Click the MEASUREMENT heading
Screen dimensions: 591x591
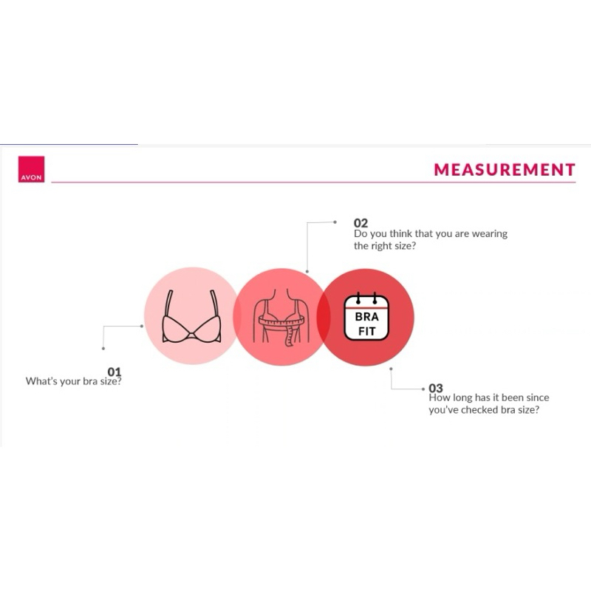pyautogui.click(x=504, y=170)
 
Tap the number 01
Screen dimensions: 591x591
pyautogui.click(x=114, y=372)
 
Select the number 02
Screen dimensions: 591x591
pyautogui.click(x=361, y=223)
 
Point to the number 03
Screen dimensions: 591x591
pyautogui.click(x=436, y=388)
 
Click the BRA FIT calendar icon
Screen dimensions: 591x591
pyautogui.click(x=367, y=316)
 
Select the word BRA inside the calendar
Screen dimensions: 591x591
pyautogui.click(x=367, y=316)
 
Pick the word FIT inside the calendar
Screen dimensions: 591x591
pyautogui.click(x=367, y=332)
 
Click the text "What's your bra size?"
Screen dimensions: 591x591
pyautogui.click(x=74, y=382)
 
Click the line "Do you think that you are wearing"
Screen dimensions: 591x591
pyautogui.click(x=431, y=234)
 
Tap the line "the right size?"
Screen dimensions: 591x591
pyautogui.click(x=384, y=246)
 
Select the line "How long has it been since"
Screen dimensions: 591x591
pyautogui.click(x=489, y=398)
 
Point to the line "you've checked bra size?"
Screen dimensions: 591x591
pyautogui.click(x=484, y=410)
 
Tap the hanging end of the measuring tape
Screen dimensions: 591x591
pyautogui.click(x=289, y=337)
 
